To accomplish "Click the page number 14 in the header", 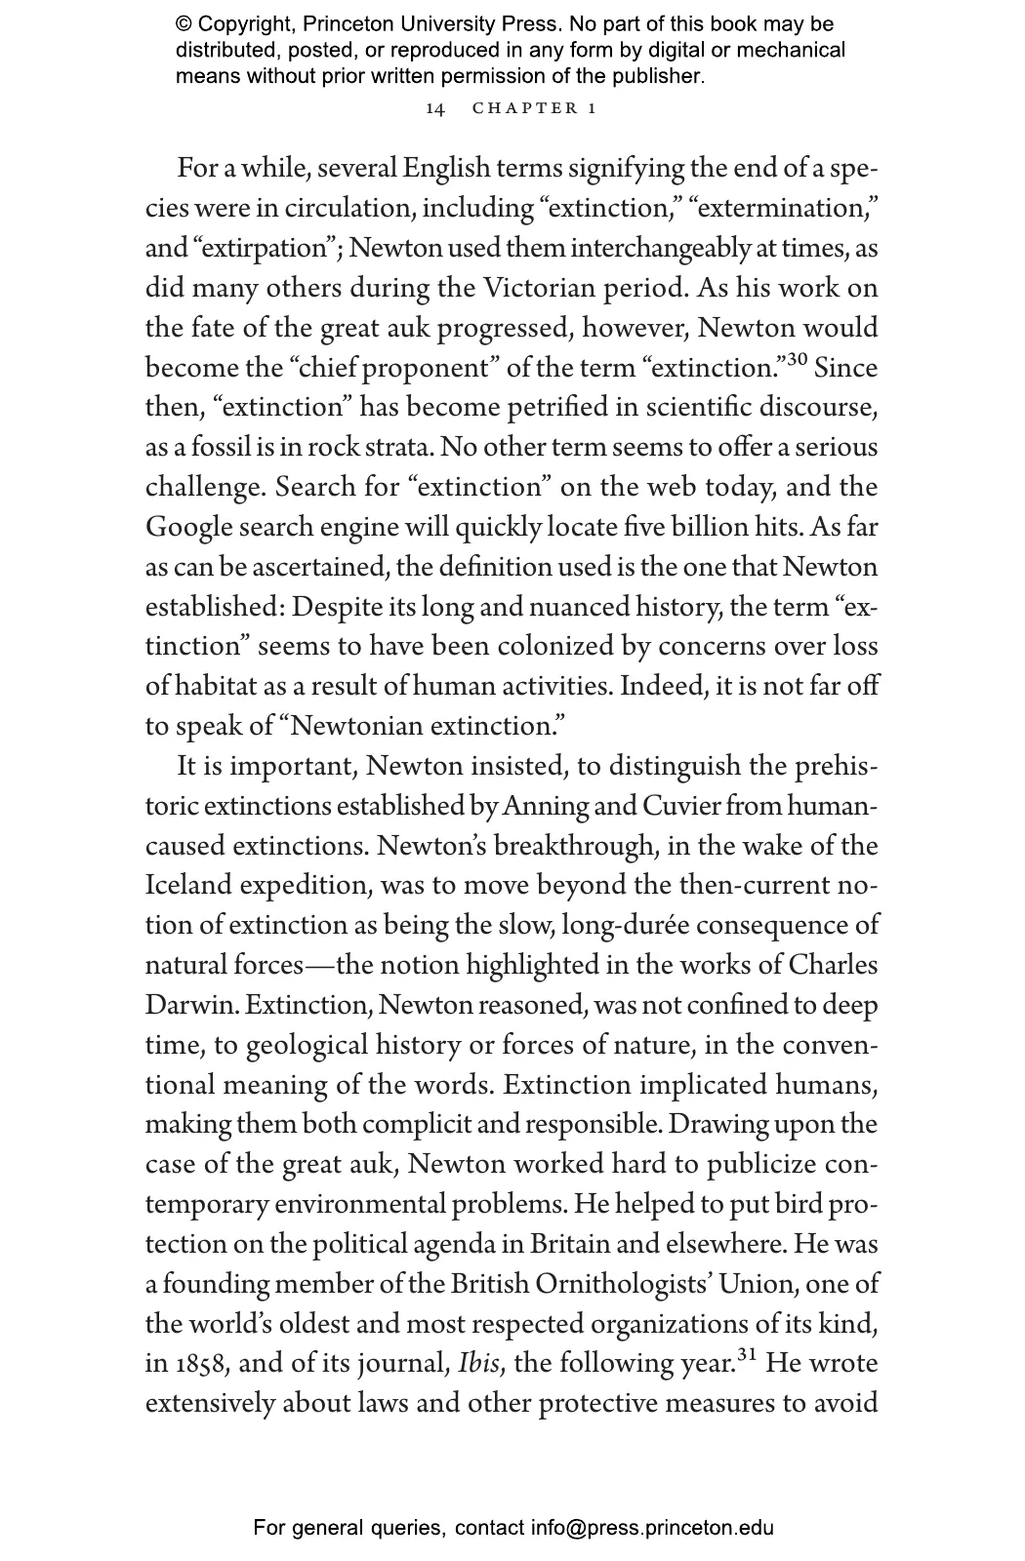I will point(435,108).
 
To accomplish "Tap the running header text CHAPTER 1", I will point(534,108).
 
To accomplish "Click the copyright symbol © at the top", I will point(184,24).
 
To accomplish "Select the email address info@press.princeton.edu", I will point(652,1528).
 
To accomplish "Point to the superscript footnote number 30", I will point(797,360).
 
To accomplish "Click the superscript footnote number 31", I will point(747,1355).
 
